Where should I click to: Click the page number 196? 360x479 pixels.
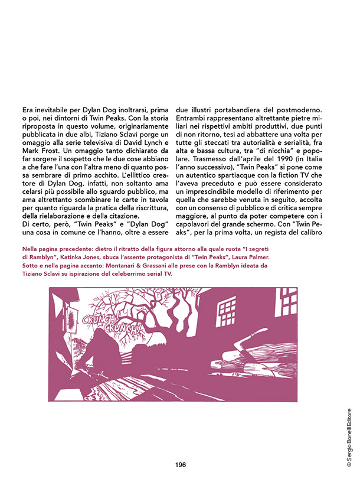coord(181,464)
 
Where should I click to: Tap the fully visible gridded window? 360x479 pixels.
coord(227,309)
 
